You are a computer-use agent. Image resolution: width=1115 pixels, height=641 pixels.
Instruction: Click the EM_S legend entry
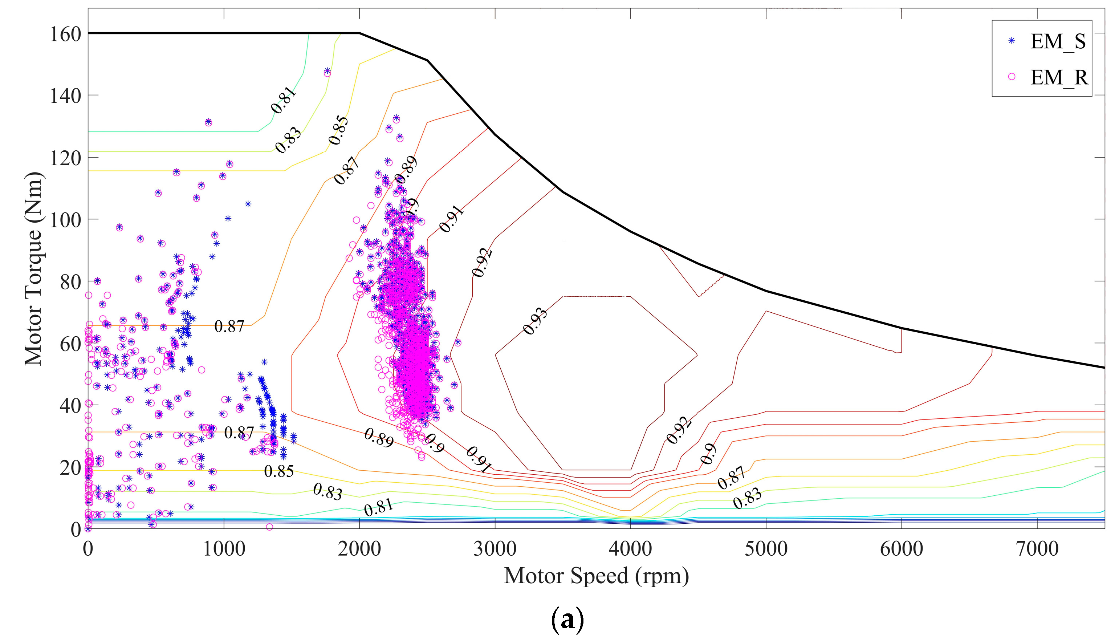[x=1057, y=41]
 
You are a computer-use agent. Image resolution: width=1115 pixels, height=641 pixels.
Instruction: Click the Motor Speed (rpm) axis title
[x=596, y=576]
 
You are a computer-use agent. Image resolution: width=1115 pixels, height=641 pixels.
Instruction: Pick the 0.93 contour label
[x=535, y=321]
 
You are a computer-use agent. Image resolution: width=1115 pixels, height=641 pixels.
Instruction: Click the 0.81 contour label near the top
[x=283, y=100]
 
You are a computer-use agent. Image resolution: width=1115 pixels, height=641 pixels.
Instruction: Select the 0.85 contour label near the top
[x=338, y=130]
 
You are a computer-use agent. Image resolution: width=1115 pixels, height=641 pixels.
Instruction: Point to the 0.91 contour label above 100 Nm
[x=451, y=219]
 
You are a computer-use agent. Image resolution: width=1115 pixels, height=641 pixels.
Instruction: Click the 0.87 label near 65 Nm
[x=229, y=326]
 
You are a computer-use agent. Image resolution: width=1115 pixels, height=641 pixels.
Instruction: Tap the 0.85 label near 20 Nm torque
[x=278, y=471]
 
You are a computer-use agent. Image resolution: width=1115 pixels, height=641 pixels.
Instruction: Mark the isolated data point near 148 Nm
[x=327, y=72]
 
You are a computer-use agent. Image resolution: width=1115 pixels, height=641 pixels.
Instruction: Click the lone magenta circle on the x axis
[x=269, y=527]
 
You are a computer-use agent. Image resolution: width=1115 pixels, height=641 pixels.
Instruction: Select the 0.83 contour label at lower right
[x=747, y=498]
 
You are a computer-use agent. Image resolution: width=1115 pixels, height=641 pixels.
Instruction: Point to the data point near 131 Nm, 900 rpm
[x=208, y=122]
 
